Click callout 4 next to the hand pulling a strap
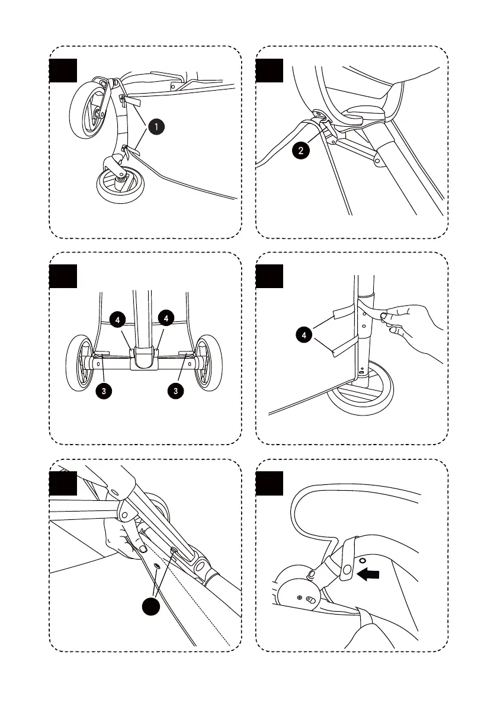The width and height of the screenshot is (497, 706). point(304,336)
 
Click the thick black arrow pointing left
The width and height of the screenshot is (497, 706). point(370,573)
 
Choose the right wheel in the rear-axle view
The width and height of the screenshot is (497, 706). point(207,363)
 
